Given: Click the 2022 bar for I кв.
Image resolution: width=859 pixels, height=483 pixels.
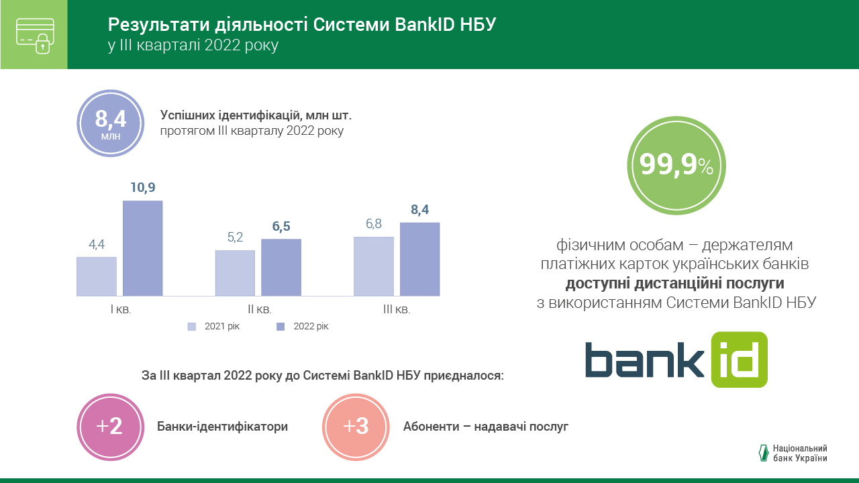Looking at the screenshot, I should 142,248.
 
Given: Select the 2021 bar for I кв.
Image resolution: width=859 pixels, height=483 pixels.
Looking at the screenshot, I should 97,276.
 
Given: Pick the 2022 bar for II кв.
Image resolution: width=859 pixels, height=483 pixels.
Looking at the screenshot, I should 281,268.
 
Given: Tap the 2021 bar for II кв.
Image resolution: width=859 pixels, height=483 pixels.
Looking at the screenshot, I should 235,273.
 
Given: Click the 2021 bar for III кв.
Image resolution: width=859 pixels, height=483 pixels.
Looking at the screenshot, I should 374,266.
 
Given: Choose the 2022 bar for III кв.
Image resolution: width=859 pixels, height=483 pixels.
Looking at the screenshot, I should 420,259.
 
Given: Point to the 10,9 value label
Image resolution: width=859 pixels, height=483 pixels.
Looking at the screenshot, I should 142,188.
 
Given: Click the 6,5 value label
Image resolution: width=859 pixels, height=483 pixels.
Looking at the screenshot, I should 281,227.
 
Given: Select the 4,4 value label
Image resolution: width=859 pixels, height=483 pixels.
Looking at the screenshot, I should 97,245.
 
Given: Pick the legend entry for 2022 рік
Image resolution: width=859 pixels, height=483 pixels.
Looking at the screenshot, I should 303,327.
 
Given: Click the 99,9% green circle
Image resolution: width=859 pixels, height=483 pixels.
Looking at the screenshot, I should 676,166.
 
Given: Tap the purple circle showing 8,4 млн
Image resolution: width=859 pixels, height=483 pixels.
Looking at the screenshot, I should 111,123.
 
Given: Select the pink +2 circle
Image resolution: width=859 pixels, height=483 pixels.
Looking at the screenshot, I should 111,427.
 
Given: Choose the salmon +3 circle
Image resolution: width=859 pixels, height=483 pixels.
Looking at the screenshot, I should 356,427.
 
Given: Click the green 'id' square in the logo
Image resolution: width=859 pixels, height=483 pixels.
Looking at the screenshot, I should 739,360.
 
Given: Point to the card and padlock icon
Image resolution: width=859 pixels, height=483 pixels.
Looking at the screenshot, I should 34,35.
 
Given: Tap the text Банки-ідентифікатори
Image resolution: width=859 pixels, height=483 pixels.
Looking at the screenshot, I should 222,427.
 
